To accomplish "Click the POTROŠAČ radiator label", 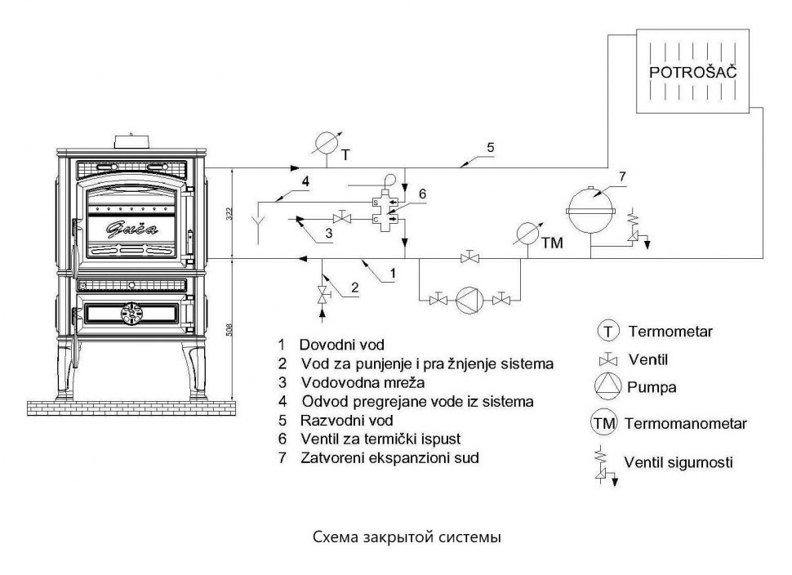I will tap(692, 73).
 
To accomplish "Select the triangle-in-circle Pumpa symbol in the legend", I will tap(608, 386).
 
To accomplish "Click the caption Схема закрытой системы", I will tap(406, 538).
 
